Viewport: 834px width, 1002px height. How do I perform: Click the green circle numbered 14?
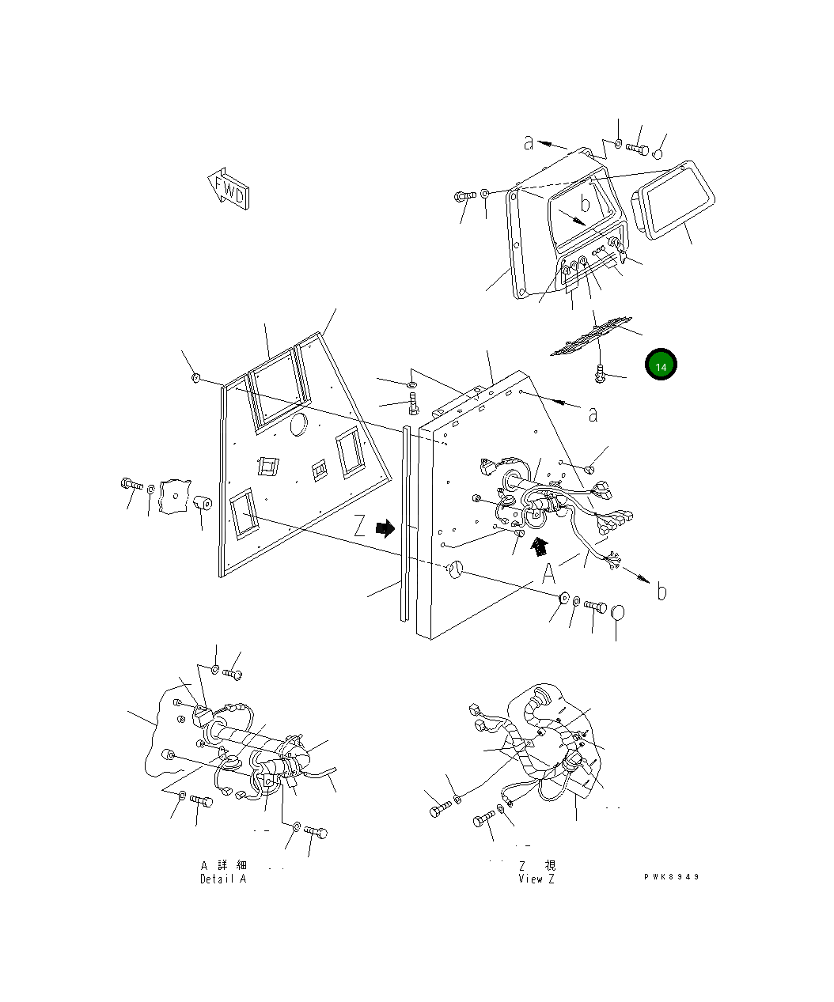tap(661, 365)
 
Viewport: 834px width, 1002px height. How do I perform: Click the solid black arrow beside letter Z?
tap(385, 527)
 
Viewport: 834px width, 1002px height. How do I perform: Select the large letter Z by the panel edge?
tap(360, 527)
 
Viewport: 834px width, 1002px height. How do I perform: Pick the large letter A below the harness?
tap(549, 573)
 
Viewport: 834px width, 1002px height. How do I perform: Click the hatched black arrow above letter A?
tap(541, 546)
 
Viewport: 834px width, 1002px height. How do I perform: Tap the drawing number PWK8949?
tap(672, 876)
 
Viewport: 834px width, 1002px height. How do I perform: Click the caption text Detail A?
tap(223, 879)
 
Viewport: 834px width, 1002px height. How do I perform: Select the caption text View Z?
tap(536, 879)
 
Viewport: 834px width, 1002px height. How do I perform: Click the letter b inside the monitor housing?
tap(585, 204)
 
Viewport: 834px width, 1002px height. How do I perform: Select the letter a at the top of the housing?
tap(529, 142)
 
